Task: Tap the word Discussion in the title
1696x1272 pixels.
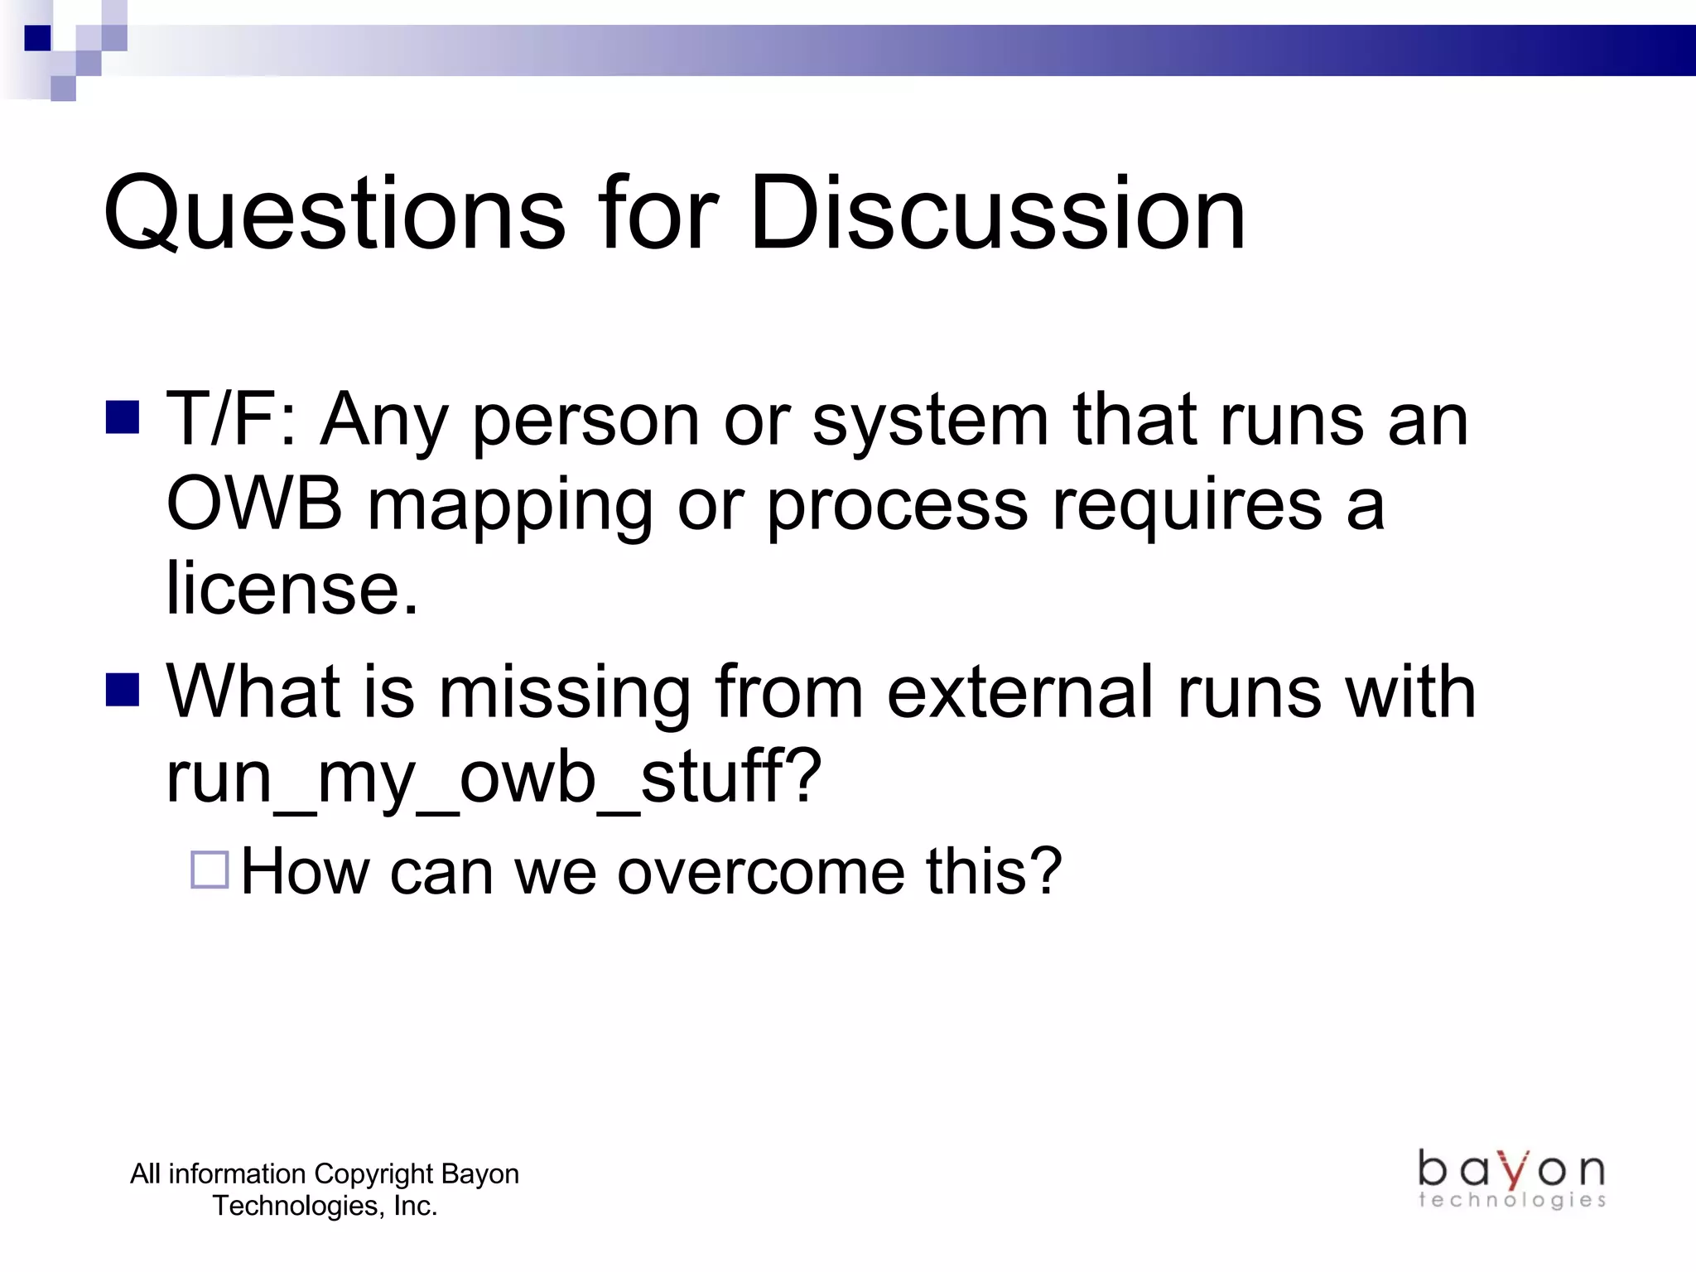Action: tap(997, 214)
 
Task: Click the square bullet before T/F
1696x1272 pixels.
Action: tap(123, 417)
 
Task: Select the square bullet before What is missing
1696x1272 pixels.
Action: tap(123, 689)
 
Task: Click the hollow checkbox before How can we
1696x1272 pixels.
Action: tap(210, 870)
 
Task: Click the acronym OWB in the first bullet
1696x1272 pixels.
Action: tap(254, 504)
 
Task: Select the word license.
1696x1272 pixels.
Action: tap(291, 588)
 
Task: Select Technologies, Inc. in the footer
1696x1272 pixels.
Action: tap(325, 1206)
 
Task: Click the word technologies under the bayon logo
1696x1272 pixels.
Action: tap(1511, 1200)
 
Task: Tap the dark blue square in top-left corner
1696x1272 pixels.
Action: tap(38, 38)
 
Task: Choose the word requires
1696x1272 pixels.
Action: tap(1187, 508)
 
